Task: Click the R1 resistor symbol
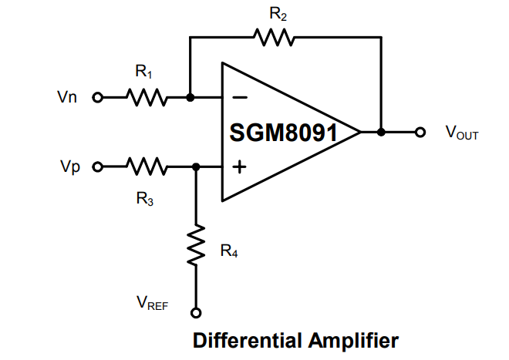click(147, 98)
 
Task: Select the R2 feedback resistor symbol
click(271, 36)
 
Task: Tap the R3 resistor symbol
click(147, 166)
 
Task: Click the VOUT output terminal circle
click(420, 132)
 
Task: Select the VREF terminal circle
click(196, 312)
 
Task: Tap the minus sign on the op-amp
click(240, 98)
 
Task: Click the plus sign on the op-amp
click(240, 166)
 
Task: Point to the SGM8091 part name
click(283, 133)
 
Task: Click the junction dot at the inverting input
click(190, 98)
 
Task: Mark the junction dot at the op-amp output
click(381, 132)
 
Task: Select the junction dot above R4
click(196, 166)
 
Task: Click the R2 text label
click(278, 14)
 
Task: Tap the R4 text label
click(228, 251)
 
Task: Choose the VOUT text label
click(461, 133)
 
